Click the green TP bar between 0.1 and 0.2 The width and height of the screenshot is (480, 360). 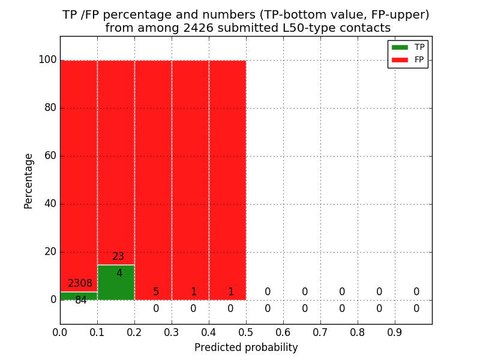coord(116,285)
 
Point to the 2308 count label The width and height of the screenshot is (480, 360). coord(80,284)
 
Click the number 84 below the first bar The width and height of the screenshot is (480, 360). coord(81,301)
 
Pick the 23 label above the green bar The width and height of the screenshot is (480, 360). coord(118,257)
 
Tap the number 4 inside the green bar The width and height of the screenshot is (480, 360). coord(119,274)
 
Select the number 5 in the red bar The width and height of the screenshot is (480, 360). coord(156,292)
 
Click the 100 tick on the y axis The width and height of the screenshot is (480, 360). coord(47,60)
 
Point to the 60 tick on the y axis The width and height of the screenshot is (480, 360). coord(50,156)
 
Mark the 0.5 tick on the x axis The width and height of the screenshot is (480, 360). coord(246,332)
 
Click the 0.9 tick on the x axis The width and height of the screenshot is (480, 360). coord(395,332)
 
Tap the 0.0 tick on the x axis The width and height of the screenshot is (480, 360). coord(60,332)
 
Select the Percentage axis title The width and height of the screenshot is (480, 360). coord(28,181)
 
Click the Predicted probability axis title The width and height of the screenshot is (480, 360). coord(246,348)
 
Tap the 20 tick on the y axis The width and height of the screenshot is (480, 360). coord(50,252)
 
